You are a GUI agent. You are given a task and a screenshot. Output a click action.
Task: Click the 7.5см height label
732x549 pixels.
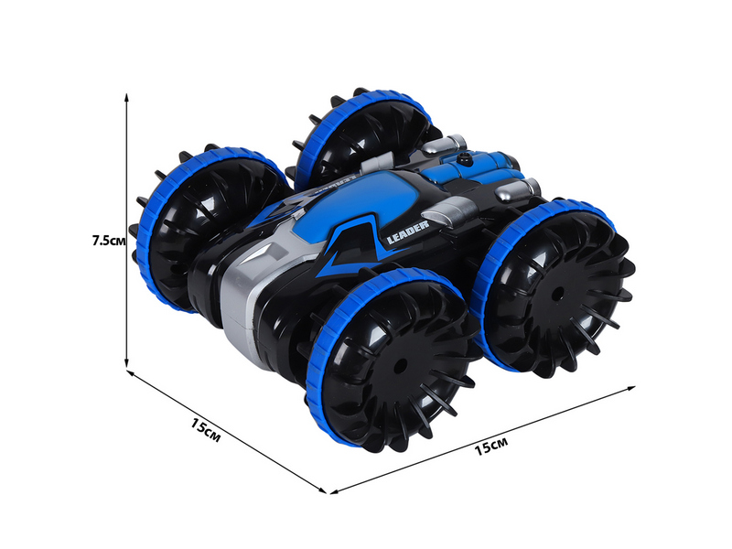click(109, 241)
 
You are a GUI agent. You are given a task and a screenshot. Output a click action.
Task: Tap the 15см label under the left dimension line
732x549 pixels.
click(205, 430)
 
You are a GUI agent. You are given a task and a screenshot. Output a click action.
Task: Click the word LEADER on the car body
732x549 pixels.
click(407, 232)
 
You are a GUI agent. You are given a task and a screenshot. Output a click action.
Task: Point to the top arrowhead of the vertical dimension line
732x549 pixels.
click(126, 97)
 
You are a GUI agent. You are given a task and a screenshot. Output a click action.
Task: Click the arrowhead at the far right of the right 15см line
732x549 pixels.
click(630, 388)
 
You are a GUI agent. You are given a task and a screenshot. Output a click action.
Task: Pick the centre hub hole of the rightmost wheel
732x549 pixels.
click(557, 295)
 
